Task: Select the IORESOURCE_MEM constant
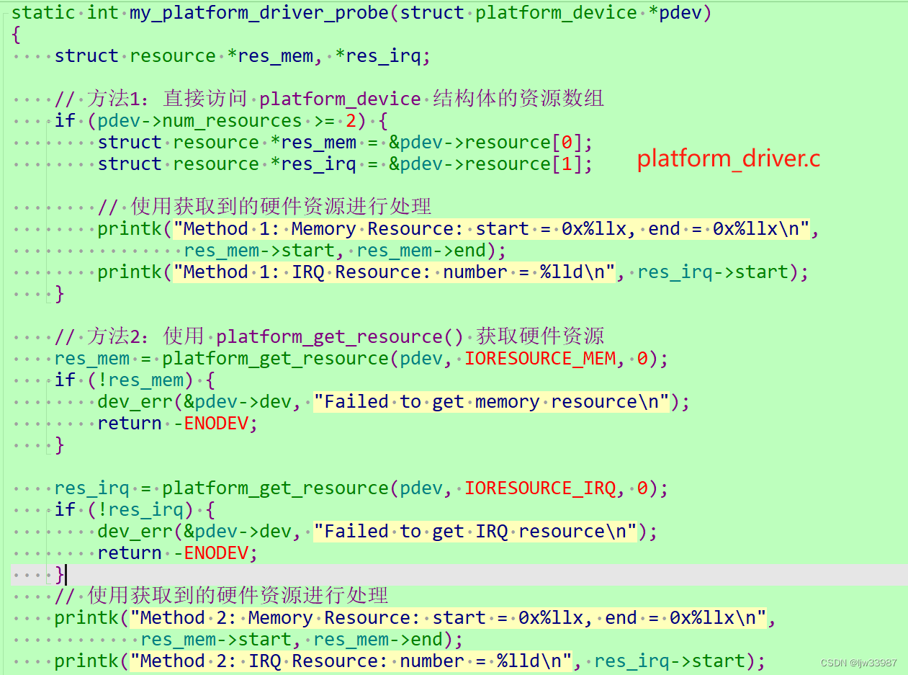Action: coord(540,359)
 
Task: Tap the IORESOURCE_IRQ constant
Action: coord(540,488)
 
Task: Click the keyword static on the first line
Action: coord(43,13)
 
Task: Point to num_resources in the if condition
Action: coord(232,121)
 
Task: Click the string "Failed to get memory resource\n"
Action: coord(492,402)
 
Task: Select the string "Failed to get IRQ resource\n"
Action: coord(475,532)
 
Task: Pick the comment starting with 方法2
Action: coord(329,336)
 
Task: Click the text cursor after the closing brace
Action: coord(66,575)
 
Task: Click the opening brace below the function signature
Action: coord(16,35)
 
